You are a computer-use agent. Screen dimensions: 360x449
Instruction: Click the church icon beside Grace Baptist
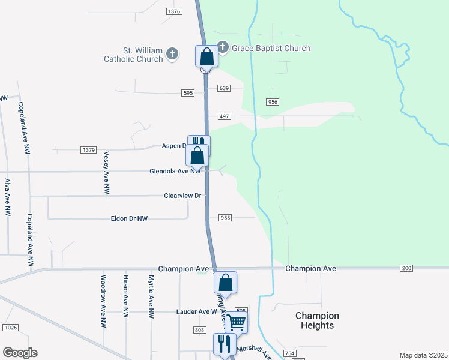(223, 47)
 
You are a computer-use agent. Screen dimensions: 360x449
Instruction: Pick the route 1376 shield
(174, 11)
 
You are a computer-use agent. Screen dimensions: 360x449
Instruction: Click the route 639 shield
(224, 88)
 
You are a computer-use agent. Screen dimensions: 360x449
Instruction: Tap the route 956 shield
(273, 102)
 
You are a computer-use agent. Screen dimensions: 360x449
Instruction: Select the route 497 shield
(224, 116)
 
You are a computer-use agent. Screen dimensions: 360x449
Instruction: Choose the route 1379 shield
(88, 149)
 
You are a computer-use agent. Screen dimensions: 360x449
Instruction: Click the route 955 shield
(225, 218)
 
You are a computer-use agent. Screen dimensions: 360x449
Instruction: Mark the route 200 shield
(407, 268)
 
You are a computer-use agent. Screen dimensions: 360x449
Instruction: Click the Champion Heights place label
(317, 320)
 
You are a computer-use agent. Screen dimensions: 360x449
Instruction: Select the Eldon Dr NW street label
(129, 219)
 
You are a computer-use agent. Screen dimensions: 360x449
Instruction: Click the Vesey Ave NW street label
(106, 172)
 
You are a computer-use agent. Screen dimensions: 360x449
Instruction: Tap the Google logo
(20, 353)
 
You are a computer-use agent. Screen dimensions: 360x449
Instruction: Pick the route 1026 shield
(10, 327)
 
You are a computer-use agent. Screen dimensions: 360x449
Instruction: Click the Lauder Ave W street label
(196, 312)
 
